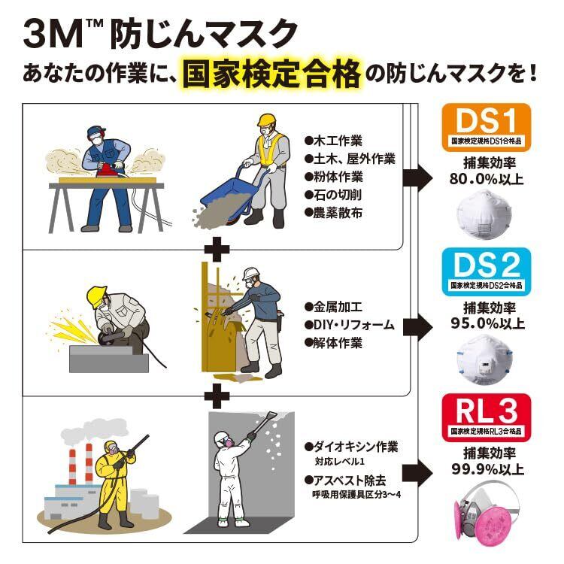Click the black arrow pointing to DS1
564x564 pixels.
(417, 177)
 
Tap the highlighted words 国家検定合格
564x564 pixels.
(271, 76)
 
